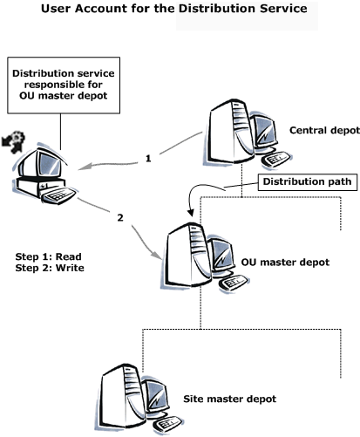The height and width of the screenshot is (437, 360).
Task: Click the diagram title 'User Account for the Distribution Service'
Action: point(174,9)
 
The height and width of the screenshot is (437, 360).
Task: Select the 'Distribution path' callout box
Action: point(308,182)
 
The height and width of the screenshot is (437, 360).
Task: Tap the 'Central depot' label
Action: point(324,130)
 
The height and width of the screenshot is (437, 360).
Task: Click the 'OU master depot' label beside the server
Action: point(285,263)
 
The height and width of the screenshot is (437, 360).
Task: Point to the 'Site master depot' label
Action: point(229,399)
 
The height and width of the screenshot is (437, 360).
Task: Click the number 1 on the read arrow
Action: point(148,159)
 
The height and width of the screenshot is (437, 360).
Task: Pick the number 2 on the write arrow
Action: point(120,217)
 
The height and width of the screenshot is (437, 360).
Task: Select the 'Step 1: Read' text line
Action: point(48,256)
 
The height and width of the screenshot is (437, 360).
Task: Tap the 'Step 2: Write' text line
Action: point(50,268)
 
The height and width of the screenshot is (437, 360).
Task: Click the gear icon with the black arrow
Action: point(14,141)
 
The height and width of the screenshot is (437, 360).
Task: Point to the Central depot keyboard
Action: point(276,159)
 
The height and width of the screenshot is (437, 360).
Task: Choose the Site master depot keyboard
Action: point(167,424)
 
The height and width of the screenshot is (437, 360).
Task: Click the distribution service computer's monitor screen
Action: point(50,164)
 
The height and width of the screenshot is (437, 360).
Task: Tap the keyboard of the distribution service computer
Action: point(58,195)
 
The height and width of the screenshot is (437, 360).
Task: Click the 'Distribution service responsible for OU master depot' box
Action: point(64,85)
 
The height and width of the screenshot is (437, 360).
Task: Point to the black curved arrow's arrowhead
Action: point(191,212)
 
